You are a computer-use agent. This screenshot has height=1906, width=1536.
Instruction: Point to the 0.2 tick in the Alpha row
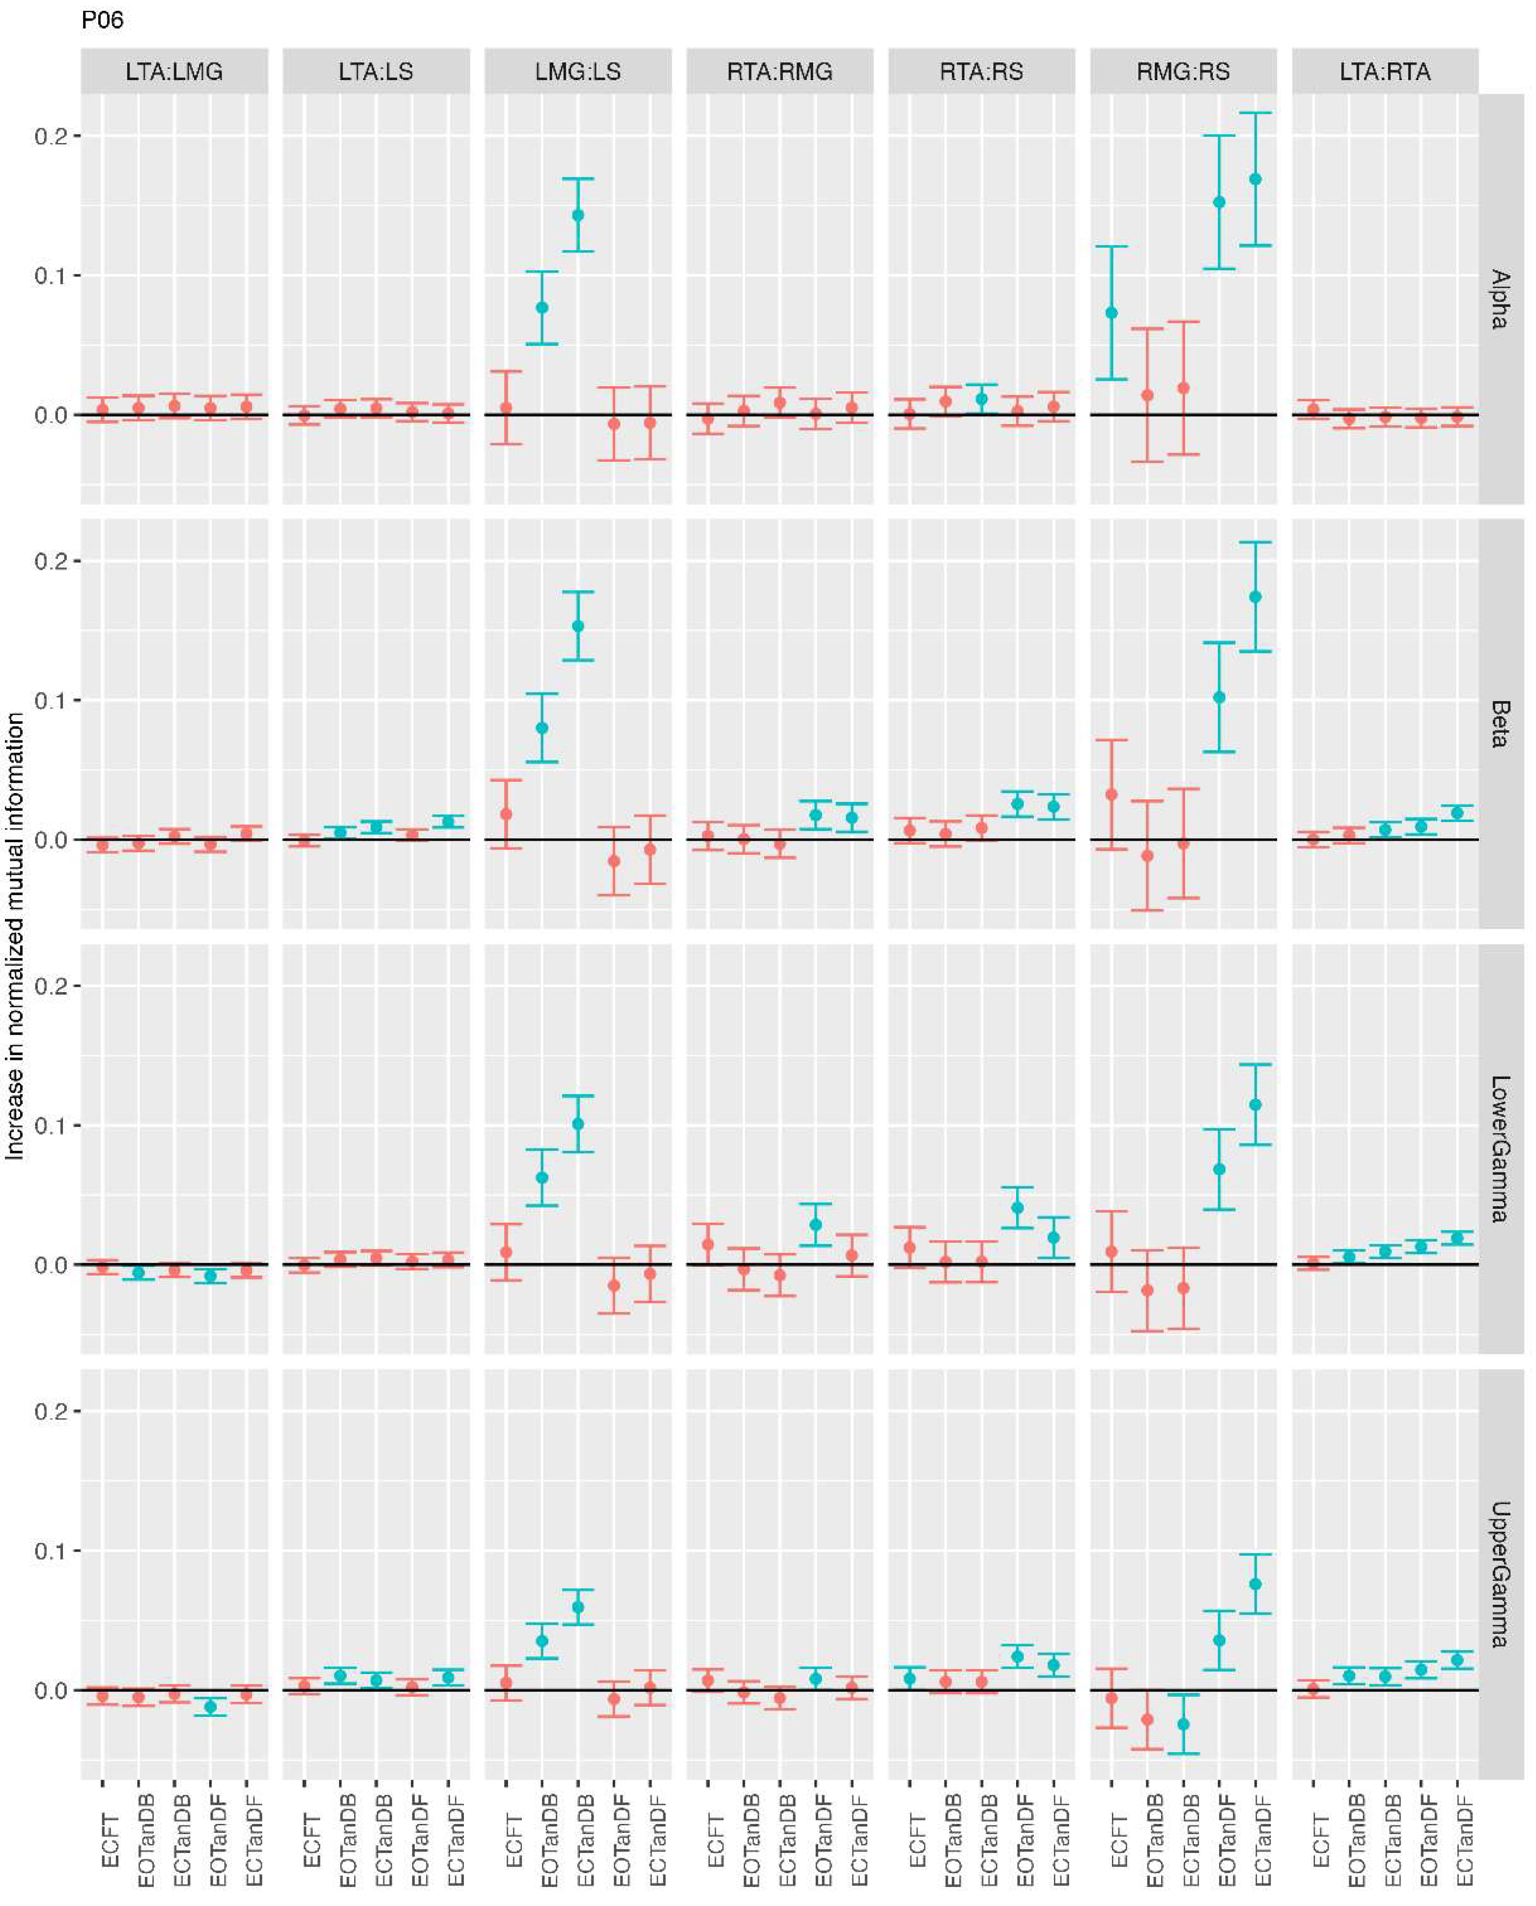click(51, 136)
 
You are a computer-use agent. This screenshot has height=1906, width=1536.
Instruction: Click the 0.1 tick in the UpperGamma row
click(51, 1550)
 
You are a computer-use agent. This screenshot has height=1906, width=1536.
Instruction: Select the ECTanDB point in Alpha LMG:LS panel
click(578, 215)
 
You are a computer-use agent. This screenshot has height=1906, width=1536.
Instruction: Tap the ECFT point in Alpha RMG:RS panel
click(1111, 313)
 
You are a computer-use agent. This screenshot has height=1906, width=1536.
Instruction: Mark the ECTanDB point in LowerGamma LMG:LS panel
click(578, 1124)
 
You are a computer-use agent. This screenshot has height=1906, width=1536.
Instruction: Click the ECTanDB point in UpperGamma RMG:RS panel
click(1183, 1724)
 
